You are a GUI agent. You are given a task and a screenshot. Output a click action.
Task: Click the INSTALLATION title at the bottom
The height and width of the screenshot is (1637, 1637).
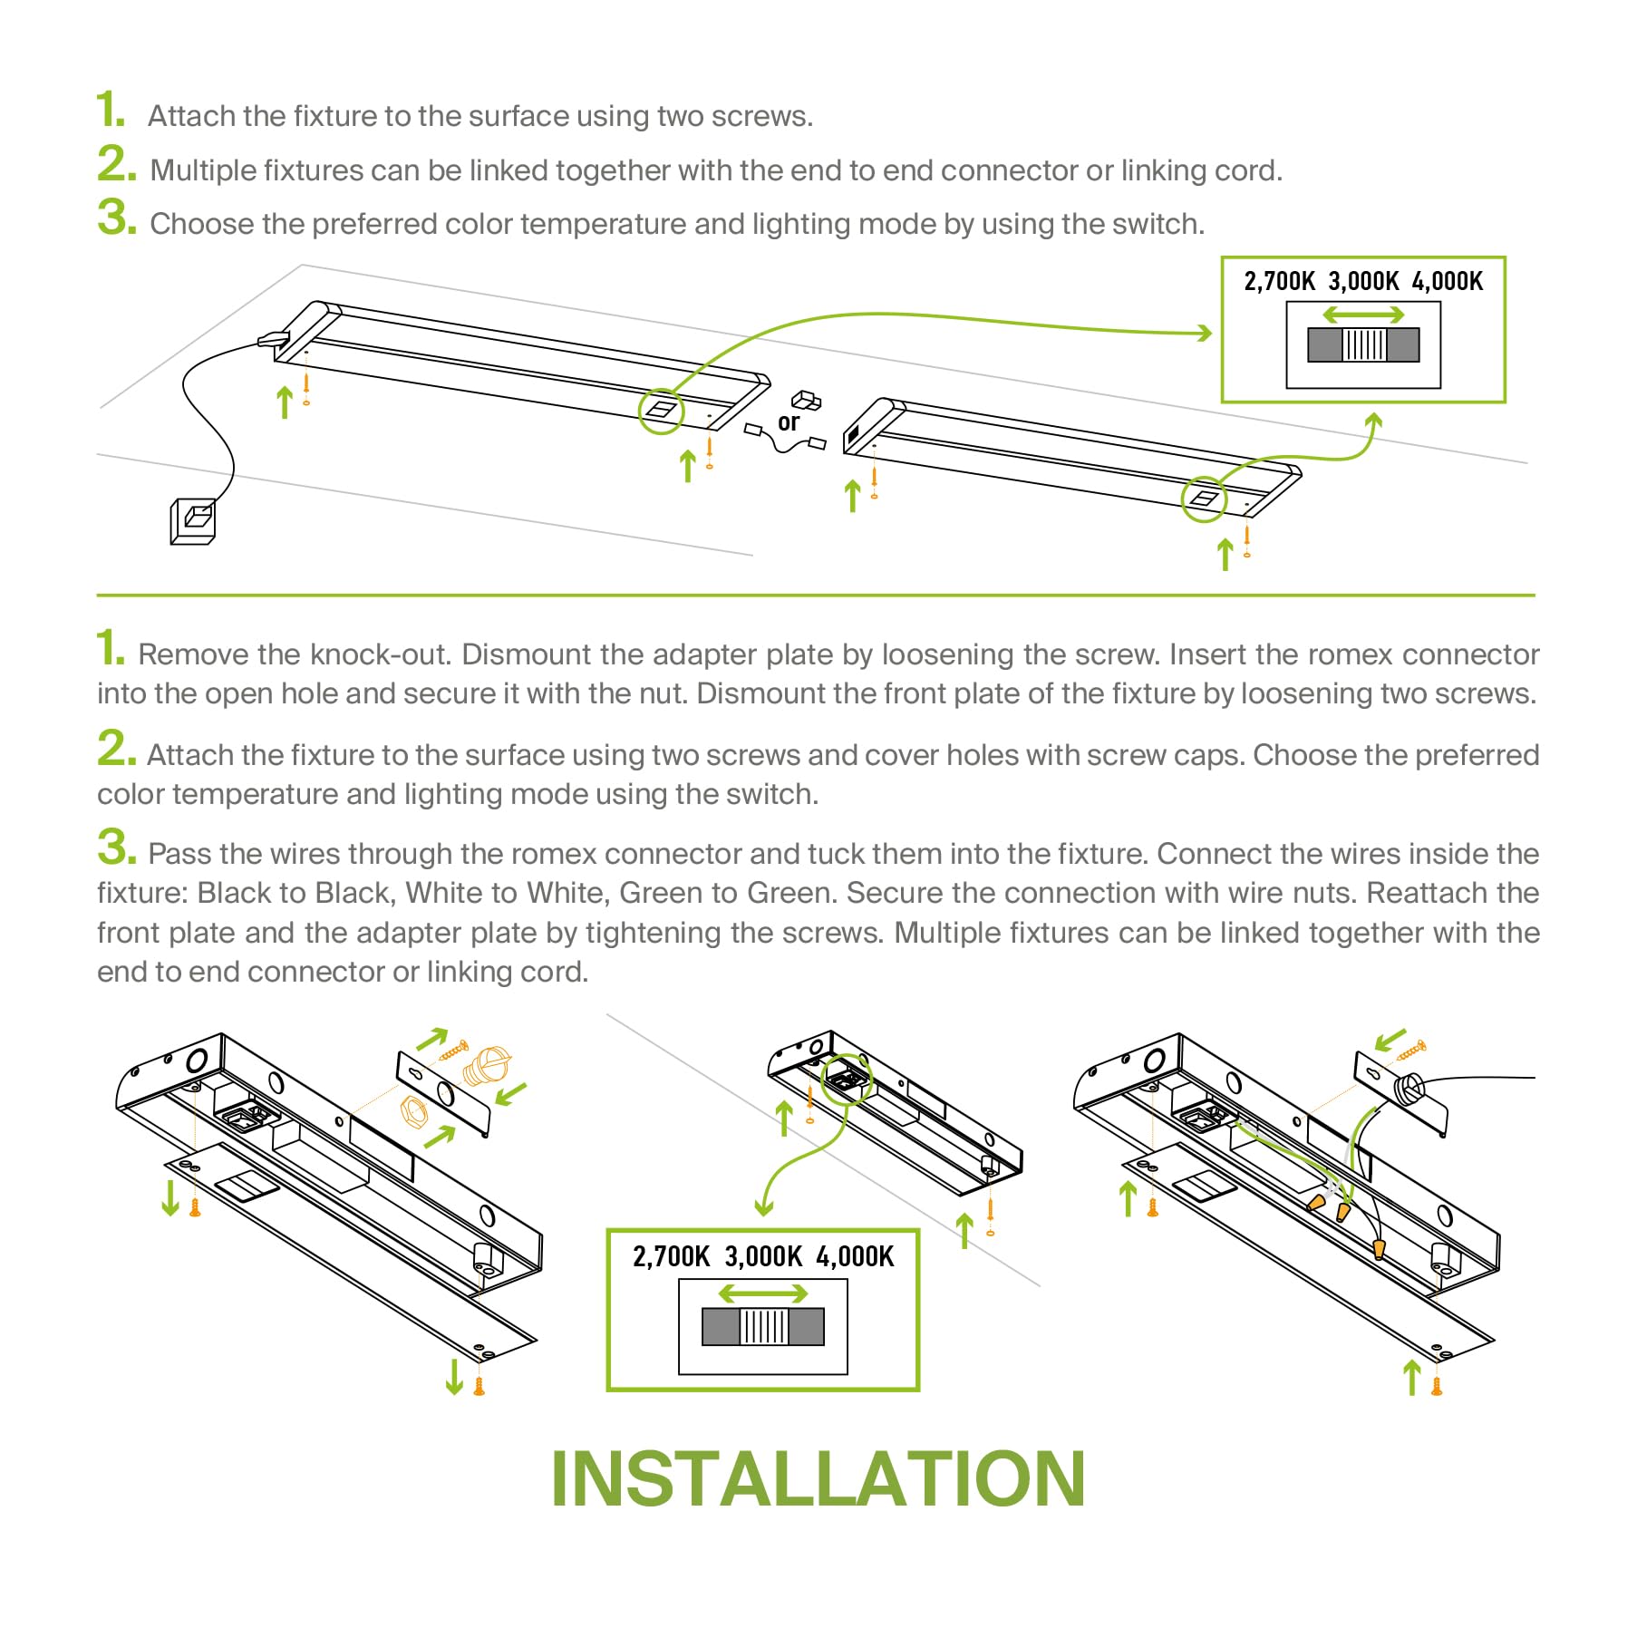pyautogui.click(x=818, y=1479)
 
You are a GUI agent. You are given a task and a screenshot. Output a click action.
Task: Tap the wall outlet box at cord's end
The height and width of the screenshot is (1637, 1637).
pyautogui.click(x=193, y=521)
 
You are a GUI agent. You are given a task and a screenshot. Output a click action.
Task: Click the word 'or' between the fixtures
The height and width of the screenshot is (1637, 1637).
pyautogui.click(x=788, y=422)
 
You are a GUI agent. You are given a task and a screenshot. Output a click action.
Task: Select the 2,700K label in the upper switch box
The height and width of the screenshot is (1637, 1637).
pyautogui.click(x=1279, y=282)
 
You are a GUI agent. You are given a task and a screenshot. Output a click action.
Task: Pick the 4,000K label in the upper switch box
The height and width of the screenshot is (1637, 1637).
pyautogui.click(x=1448, y=282)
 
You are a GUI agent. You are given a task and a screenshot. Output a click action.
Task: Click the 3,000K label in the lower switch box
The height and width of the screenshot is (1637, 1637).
pyautogui.click(x=763, y=1257)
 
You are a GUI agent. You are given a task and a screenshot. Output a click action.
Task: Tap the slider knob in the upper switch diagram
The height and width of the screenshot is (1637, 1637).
pyautogui.click(x=1364, y=345)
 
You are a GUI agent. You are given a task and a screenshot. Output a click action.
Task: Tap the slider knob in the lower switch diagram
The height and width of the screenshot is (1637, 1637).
pyautogui.click(x=764, y=1327)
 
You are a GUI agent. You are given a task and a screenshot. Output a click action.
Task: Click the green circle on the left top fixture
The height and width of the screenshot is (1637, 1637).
pyautogui.click(x=662, y=411)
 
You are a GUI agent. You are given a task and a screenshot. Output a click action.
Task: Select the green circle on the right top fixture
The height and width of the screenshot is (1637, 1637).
pyautogui.click(x=1204, y=499)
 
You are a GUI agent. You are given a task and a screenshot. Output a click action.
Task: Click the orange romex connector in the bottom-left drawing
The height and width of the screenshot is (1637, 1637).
pyautogui.click(x=487, y=1067)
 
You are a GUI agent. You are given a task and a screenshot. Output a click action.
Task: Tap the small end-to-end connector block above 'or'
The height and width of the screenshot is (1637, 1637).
pyautogui.click(x=806, y=401)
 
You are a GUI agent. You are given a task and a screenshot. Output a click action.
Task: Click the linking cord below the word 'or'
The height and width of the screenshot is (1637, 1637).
pyautogui.click(x=785, y=442)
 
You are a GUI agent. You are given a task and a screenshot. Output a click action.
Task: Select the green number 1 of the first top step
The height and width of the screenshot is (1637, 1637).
pyautogui.click(x=111, y=110)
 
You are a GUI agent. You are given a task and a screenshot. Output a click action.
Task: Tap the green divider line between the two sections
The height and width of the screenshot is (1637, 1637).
pyautogui.click(x=816, y=596)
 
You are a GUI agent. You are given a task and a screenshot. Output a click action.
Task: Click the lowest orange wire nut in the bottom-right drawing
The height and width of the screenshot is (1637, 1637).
pyautogui.click(x=1379, y=1250)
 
